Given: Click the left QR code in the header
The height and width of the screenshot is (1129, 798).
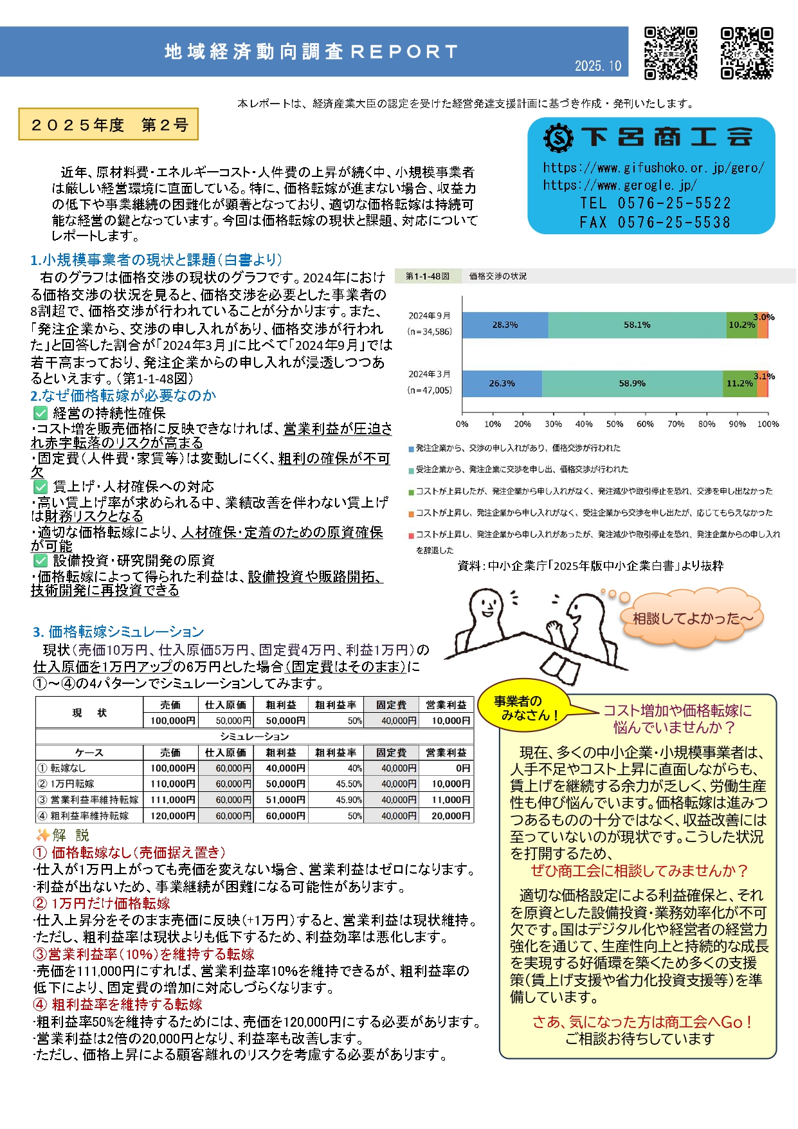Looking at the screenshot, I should [x=671, y=53].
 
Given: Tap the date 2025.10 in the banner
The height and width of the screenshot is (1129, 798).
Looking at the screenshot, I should [x=598, y=66].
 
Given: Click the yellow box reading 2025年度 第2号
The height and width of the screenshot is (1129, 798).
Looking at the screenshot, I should [x=109, y=125].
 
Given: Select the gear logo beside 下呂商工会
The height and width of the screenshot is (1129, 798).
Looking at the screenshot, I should [x=558, y=137].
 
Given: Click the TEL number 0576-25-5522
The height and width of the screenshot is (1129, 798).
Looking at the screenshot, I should [x=655, y=203].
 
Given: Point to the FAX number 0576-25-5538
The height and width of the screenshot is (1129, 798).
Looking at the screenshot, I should [x=655, y=223].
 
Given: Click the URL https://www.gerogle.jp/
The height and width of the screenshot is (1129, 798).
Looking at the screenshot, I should [x=620, y=185].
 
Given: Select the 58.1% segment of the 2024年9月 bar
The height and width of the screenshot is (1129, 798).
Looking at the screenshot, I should [x=637, y=325].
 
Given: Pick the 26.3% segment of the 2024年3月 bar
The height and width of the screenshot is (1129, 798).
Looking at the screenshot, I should [x=502, y=383].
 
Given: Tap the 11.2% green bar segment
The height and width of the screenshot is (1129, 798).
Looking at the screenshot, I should [x=739, y=383].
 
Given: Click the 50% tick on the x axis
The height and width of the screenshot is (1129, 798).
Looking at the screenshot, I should [x=615, y=424].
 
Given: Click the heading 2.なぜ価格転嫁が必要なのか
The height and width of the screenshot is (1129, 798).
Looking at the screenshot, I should [x=123, y=396].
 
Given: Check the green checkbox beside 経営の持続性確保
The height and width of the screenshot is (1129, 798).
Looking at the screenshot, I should [x=41, y=413].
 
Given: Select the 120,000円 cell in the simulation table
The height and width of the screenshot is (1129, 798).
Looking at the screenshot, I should [x=172, y=816].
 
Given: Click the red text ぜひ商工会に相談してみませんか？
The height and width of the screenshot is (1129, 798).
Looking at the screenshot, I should [x=639, y=871].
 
